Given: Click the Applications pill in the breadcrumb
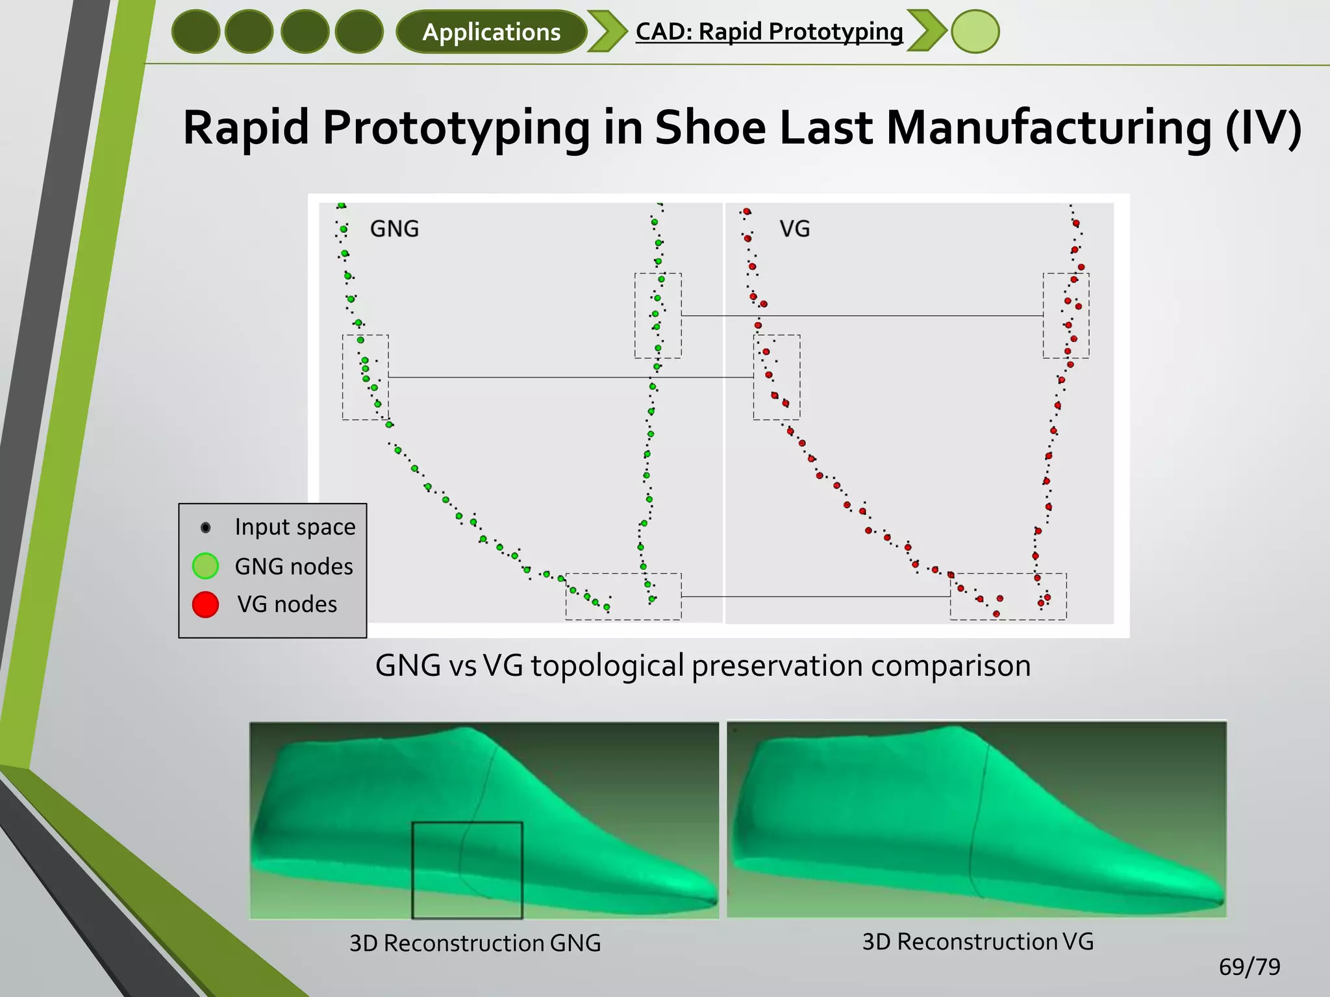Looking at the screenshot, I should click(x=491, y=32).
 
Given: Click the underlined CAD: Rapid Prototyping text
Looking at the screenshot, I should click(x=769, y=31).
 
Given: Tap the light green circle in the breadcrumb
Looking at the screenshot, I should click(x=975, y=32).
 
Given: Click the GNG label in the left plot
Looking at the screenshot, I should click(x=394, y=228).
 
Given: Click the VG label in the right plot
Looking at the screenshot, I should click(x=794, y=228).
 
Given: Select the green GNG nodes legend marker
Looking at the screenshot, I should click(x=205, y=566).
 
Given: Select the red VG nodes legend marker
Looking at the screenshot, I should click(x=205, y=604).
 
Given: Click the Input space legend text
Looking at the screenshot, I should click(x=295, y=527).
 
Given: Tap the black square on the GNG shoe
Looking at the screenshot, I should click(x=467, y=870).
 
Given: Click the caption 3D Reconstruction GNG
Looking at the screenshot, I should click(x=475, y=943).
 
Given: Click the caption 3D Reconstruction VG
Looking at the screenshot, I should click(x=977, y=941).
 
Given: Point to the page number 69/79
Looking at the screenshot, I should click(x=1249, y=967).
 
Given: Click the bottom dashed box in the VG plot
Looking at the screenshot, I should click(x=1008, y=596).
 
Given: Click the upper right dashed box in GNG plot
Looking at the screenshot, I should click(x=657, y=315).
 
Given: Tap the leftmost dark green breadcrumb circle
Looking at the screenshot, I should click(x=195, y=32).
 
